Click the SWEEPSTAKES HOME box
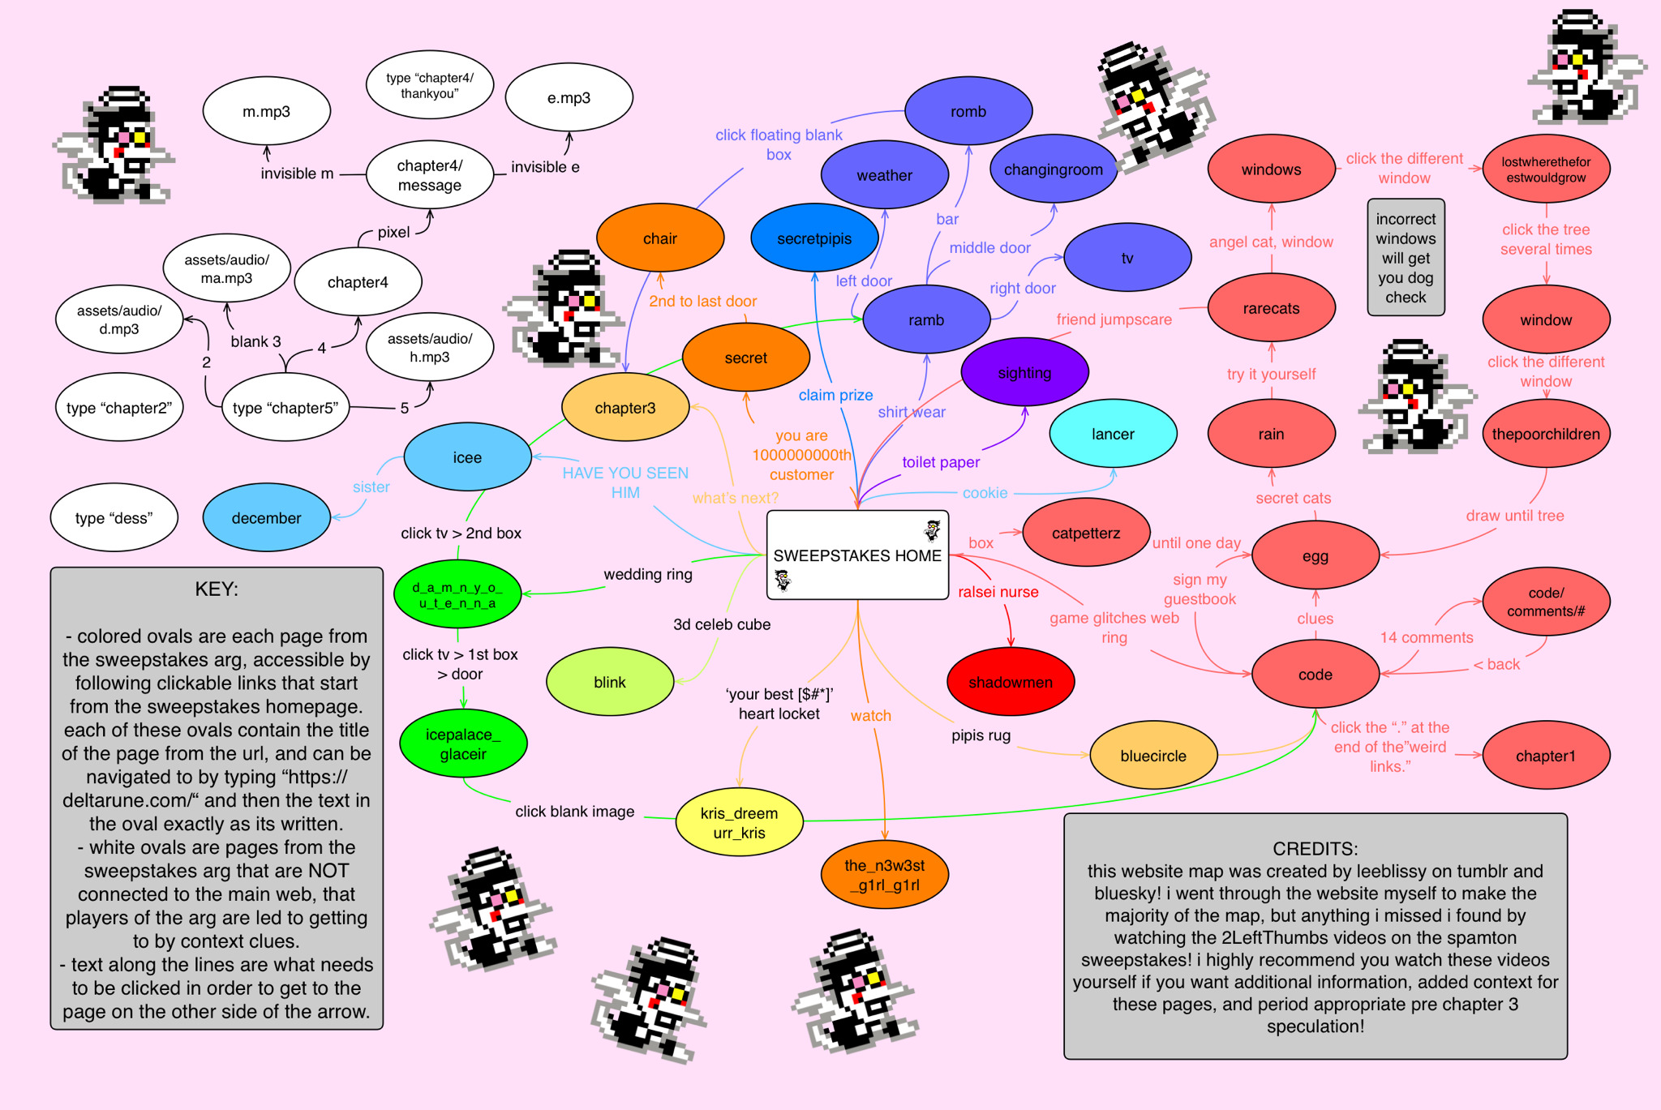857,555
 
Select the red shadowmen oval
1011,682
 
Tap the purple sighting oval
1024,372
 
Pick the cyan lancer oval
1113,434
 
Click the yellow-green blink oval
610,682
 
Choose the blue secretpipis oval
814,238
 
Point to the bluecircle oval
1153,756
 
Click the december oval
266,517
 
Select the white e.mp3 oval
569,98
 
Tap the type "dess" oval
114,517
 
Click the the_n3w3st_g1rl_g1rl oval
884,875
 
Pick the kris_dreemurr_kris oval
739,822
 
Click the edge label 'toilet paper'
941,462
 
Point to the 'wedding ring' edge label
648,574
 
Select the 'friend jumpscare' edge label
1114,319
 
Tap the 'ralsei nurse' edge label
998,592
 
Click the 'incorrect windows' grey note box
1406,258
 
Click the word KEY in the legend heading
216,589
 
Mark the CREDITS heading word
1315,848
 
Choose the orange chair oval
660,238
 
